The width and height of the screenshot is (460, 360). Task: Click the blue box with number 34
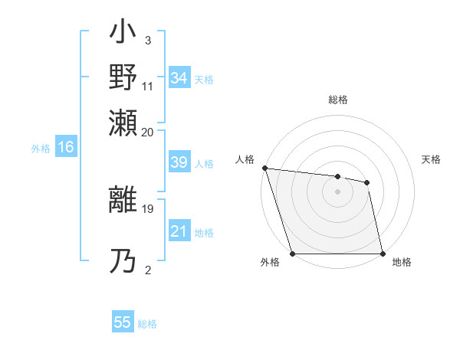pyautogui.click(x=179, y=78)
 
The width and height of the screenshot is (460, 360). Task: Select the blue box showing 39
pyautogui.click(x=179, y=162)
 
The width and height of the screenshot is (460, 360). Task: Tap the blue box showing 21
pyautogui.click(x=179, y=231)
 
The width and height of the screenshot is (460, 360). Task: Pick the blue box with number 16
pyautogui.click(x=65, y=147)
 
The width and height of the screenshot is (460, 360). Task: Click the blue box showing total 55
pyautogui.click(x=123, y=322)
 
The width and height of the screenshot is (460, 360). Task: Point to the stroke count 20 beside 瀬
pyautogui.click(x=147, y=131)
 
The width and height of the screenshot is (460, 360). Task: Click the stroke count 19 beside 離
pyautogui.click(x=147, y=207)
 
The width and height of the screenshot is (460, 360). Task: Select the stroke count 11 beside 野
pyautogui.click(x=147, y=86)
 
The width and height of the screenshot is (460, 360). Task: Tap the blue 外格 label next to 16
pyautogui.click(x=40, y=149)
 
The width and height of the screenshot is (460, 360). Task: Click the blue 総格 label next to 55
pyautogui.click(x=147, y=324)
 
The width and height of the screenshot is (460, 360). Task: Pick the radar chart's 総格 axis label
pyautogui.click(x=337, y=100)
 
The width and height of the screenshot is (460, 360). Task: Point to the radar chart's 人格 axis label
pyautogui.click(x=245, y=159)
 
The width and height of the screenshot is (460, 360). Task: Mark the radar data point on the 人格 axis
pyautogui.click(x=264, y=168)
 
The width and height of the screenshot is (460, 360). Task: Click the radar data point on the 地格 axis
pyautogui.click(x=382, y=254)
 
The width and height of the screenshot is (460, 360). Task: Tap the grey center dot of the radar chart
pyautogui.click(x=337, y=191)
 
